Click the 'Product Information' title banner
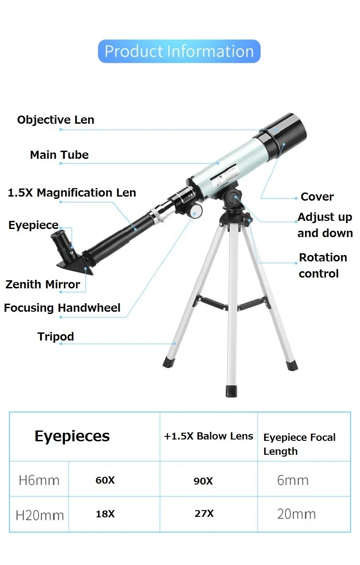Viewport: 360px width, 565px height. click(x=179, y=51)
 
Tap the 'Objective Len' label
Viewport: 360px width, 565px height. click(x=56, y=120)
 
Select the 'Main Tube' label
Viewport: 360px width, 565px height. click(x=59, y=155)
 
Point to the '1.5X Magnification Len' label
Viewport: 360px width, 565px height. click(x=72, y=193)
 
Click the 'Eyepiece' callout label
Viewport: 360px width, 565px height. click(x=33, y=225)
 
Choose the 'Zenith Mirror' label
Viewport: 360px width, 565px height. click(x=43, y=284)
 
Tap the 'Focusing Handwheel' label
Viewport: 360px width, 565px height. click(x=62, y=308)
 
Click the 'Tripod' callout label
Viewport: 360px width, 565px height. click(x=56, y=336)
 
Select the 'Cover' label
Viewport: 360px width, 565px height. click(x=317, y=197)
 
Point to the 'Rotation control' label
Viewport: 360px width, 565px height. click(x=323, y=265)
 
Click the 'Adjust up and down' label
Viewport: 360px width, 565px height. click(x=325, y=225)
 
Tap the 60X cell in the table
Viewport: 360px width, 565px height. click(x=105, y=480)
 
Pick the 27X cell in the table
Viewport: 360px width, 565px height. click(x=204, y=514)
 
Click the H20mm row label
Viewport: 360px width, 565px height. click(x=40, y=515)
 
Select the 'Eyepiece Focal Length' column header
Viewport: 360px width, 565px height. click(x=299, y=444)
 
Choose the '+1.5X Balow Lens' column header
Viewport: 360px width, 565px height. click(x=208, y=436)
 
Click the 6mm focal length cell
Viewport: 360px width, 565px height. click(x=293, y=480)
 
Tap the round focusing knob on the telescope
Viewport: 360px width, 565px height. click(x=197, y=211)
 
